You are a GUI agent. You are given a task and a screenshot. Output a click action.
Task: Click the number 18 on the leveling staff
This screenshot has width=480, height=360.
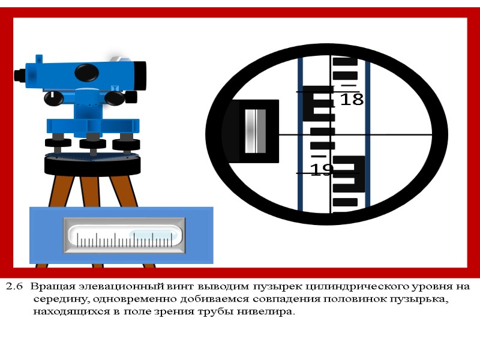pos(352,99)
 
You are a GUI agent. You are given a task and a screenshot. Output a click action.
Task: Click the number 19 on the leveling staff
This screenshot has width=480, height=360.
pos(322,169)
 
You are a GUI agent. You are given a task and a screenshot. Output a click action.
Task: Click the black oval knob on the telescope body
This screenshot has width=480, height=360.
pos(86,73)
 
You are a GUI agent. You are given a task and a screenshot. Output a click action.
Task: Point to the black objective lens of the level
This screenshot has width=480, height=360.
pos(139,76)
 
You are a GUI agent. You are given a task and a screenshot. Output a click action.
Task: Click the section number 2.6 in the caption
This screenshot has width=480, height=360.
pos(14,287)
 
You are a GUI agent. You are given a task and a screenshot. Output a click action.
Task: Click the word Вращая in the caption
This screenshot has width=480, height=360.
pos(53,287)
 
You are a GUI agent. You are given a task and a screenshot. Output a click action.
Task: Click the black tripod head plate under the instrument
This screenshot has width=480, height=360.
pos(92,166)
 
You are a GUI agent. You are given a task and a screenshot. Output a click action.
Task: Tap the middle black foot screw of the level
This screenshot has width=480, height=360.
pos(93,144)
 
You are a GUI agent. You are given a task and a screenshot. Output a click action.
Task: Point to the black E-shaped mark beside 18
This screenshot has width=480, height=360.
pos(319,103)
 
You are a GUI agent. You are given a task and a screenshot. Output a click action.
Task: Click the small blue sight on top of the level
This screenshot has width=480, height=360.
pos(39,59)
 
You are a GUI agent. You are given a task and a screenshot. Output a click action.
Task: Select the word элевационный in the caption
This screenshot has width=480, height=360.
pos(122,287)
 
